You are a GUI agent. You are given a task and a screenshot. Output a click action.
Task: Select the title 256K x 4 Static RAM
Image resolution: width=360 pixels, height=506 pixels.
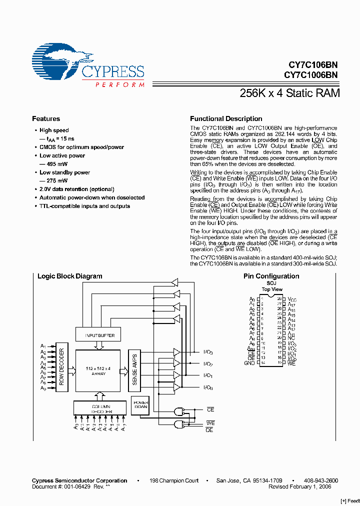pyautogui.click(x=289, y=93)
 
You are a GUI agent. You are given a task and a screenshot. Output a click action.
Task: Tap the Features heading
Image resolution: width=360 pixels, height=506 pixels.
pyautogui.click(x=46, y=119)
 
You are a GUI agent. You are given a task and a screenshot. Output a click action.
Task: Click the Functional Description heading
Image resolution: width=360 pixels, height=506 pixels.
pyautogui.click(x=226, y=119)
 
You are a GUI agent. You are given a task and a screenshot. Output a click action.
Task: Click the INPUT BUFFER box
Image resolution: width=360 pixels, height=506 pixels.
pyautogui.click(x=99, y=335)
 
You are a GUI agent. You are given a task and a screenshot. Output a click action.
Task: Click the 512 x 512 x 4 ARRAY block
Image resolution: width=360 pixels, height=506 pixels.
pyautogui.click(x=99, y=370)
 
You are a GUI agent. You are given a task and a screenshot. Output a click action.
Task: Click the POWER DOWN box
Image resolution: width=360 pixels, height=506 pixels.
pyautogui.click(x=140, y=404)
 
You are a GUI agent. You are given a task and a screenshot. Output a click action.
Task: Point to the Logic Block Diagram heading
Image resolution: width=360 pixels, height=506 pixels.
pyautogui.click(x=70, y=276)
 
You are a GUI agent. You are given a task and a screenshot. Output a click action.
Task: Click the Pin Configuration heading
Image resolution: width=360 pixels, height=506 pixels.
pyautogui.click(x=271, y=276)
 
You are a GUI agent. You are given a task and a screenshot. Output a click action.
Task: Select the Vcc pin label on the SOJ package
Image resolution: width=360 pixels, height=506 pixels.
pyautogui.click(x=292, y=299)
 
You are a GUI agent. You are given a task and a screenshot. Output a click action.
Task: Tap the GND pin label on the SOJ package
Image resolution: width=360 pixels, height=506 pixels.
pyautogui.click(x=249, y=363)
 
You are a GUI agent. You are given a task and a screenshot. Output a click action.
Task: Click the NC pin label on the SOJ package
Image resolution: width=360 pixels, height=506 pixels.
pyautogui.click(x=291, y=338)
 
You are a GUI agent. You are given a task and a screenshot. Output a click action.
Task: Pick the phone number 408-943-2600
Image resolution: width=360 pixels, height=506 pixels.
pyautogui.click(x=321, y=480)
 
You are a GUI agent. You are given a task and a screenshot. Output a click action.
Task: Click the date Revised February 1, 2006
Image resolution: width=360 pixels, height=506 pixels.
pyautogui.click(x=303, y=486)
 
